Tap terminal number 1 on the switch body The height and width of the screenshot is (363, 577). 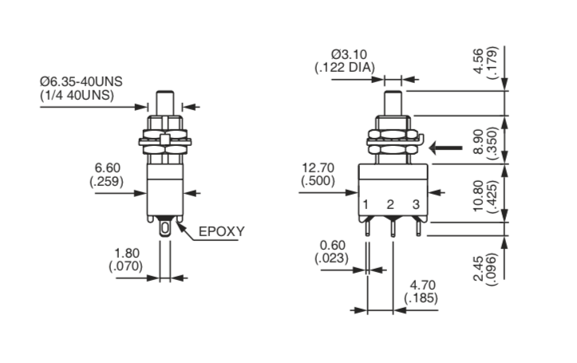coord(366,205)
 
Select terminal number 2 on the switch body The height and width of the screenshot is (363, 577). coord(390,205)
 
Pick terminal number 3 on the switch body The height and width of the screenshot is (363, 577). coord(416,205)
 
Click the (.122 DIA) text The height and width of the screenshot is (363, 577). coord(345,68)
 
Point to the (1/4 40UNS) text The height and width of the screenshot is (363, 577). coord(75,96)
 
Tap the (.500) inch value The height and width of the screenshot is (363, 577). coord(318,182)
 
